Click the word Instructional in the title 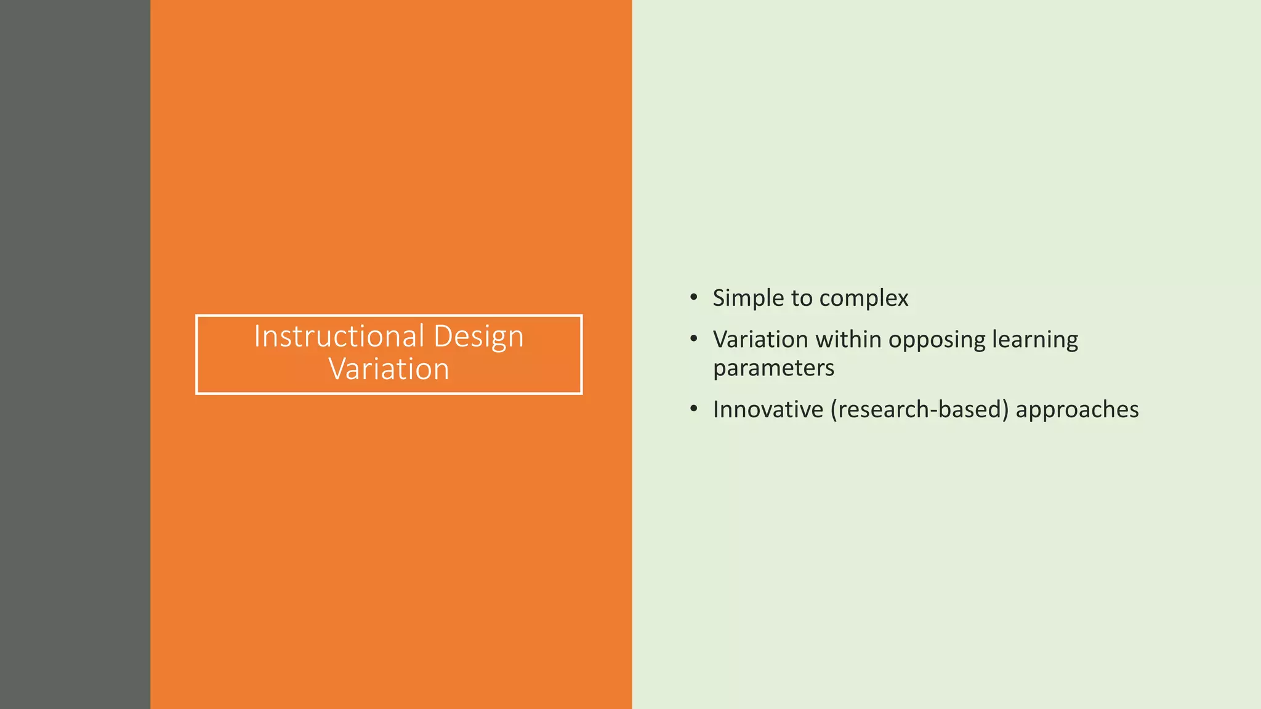[339, 337]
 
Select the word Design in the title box [478, 337]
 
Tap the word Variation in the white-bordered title [389, 369]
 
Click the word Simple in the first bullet [748, 298]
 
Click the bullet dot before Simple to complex [694, 298]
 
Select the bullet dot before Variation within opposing [694, 339]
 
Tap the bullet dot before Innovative [694, 409]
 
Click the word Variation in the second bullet [760, 340]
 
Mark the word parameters [773, 369]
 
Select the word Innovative [768, 410]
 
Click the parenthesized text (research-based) [919, 410]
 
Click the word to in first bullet [802, 298]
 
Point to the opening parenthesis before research [834, 410]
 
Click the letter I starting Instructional [257, 337]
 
